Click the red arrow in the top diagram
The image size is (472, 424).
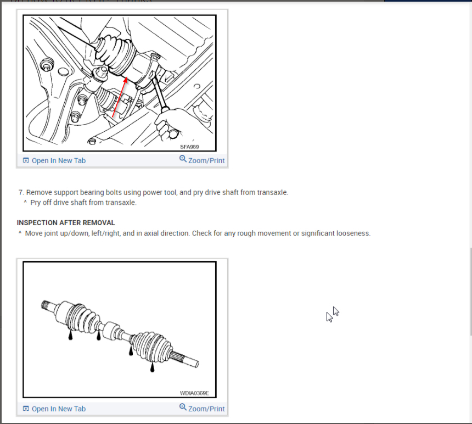click(x=120, y=97)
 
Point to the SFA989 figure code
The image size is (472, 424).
click(x=189, y=147)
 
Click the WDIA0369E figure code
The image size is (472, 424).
click(x=194, y=393)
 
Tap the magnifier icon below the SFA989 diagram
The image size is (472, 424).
click(x=183, y=159)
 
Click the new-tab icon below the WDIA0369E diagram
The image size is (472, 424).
click(x=26, y=409)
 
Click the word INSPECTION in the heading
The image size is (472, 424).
click(x=37, y=223)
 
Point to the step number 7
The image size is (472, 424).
click(x=21, y=192)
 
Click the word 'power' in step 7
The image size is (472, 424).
click(x=152, y=192)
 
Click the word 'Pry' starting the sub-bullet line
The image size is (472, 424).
click(x=35, y=203)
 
